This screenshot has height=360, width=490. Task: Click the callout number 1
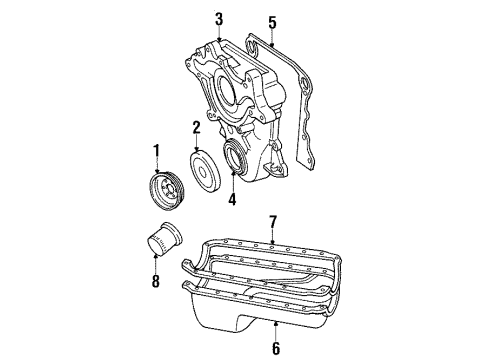[156, 151]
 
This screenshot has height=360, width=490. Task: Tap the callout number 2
[197, 126]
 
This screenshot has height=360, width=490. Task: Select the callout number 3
[219, 18]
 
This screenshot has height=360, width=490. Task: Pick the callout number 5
[270, 20]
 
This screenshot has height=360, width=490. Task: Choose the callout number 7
[273, 220]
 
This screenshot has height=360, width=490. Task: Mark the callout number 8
[156, 283]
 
